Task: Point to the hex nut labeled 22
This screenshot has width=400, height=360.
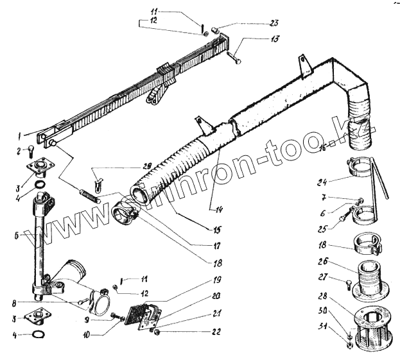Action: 157,332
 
